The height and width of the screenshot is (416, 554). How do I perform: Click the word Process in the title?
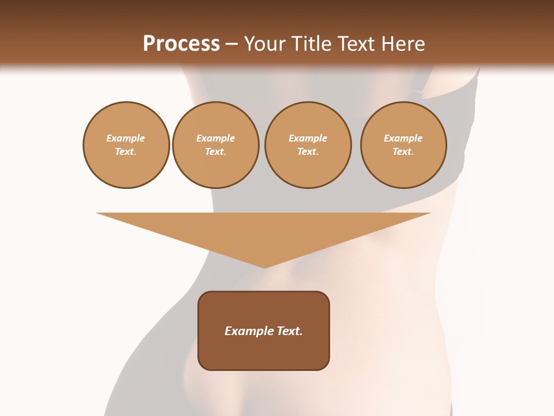[x=181, y=44]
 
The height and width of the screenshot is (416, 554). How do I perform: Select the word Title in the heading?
[x=312, y=44]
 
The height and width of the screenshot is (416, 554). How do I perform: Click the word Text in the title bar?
[x=358, y=44]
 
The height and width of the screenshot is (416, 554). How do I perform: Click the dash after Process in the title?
[x=231, y=44]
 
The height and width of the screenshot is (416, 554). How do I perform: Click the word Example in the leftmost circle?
[x=126, y=138]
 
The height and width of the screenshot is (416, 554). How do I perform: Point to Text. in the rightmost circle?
[x=403, y=151]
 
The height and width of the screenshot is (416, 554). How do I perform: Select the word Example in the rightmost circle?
[x=403, y=138]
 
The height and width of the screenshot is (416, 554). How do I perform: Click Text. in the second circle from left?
[x=216, y=151]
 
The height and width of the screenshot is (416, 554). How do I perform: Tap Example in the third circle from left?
[x=308, y=138]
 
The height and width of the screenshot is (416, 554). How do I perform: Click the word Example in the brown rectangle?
[x=247, y=331]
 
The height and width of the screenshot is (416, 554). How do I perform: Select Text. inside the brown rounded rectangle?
[x=289, y=331]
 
